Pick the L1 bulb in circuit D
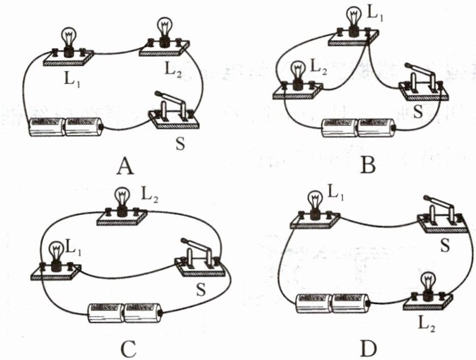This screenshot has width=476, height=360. [314, 201]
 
